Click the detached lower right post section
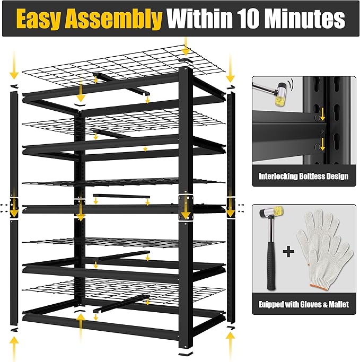pos(230,270)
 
